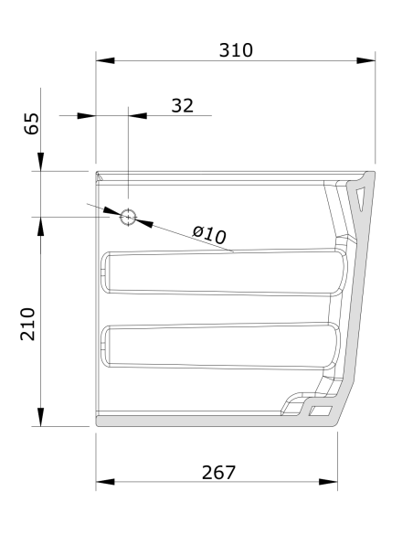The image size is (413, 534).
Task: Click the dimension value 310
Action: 236,49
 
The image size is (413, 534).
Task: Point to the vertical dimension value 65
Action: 31,124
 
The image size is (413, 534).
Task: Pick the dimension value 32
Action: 183,105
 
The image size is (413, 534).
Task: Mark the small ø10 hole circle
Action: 128,217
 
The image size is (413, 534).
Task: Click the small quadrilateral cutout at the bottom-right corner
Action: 320,412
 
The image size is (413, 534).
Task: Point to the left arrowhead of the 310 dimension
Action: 106,62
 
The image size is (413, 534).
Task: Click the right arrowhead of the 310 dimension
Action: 366,62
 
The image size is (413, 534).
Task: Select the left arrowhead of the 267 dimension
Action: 106,481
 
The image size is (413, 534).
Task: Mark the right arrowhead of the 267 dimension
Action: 328,481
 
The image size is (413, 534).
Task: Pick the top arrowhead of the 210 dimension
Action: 41,226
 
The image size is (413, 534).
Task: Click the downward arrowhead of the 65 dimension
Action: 41,162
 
